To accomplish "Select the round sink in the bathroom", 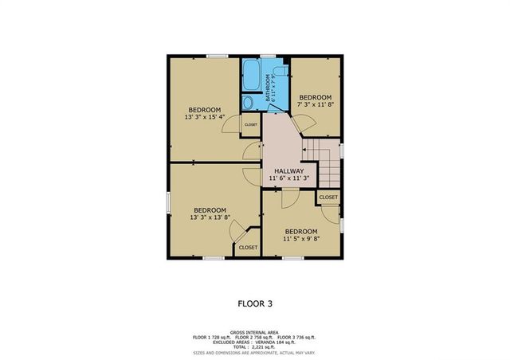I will coord(248,102).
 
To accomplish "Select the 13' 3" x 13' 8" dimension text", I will coord(210,217).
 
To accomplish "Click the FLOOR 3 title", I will coord(254,303).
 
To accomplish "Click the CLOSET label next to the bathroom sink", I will coord(250,125).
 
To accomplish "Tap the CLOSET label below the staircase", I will coord(328,197).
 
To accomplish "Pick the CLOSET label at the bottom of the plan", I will coord(248,248).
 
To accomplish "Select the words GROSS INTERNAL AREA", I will coord(254,331).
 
